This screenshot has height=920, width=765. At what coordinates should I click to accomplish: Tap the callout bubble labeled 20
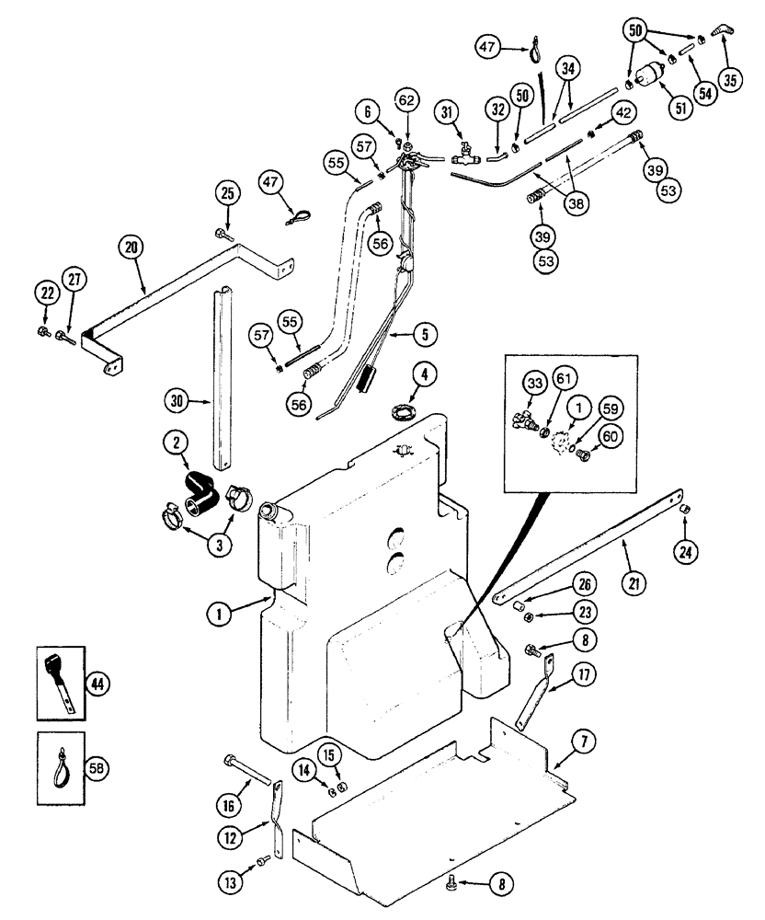coord(131,246)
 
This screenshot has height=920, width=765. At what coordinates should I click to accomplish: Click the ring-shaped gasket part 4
coord(402,408)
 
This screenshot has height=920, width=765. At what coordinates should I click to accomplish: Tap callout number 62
coord(407,98)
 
